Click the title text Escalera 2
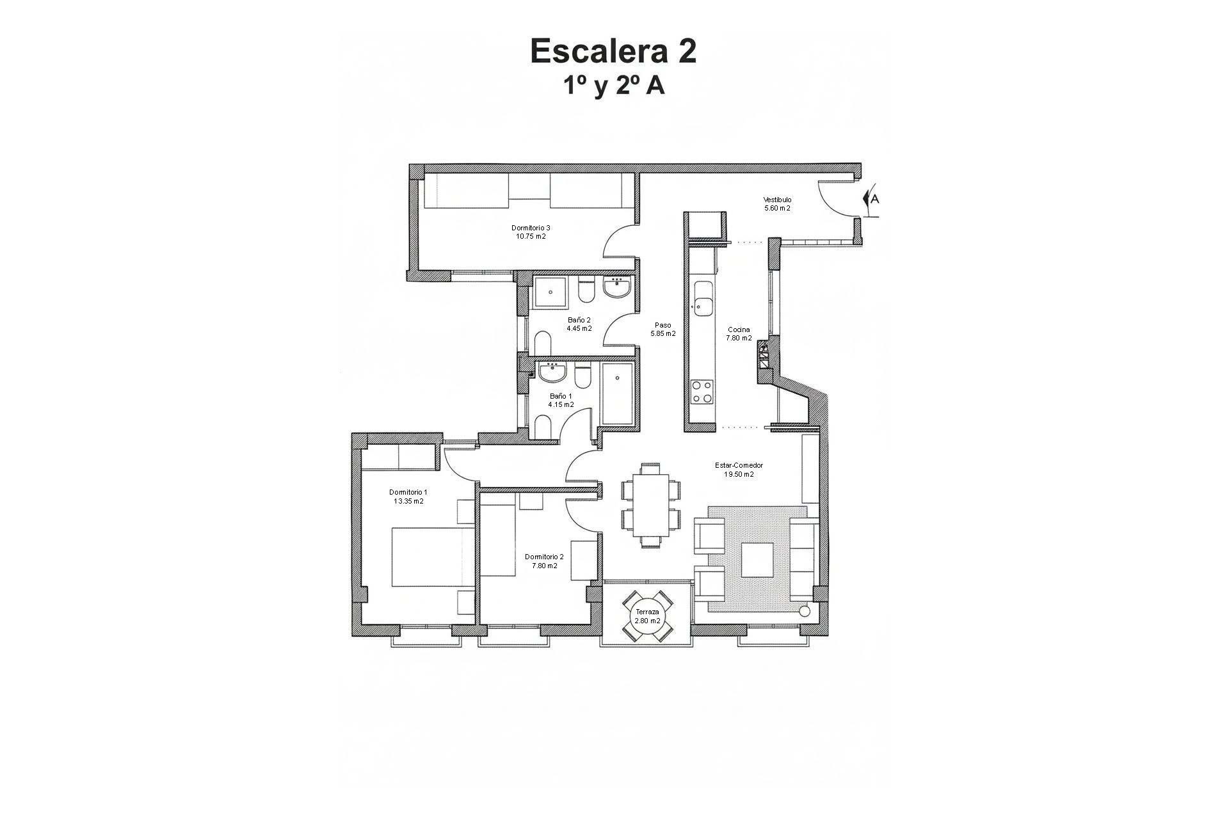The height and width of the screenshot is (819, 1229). [x=613, y=51]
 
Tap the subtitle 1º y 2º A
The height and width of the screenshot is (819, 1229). [x=613, y=86]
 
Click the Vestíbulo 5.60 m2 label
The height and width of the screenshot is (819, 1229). [x=777, y=204]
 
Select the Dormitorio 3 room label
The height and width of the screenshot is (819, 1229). [x=531, y=232]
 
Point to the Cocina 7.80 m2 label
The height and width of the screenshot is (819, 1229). [x=739, y=334]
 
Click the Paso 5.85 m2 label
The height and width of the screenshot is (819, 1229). [x=663, y=329]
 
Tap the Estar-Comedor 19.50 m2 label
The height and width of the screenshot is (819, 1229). [x=739, y=470]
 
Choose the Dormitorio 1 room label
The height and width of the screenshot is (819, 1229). [x=408, y=497]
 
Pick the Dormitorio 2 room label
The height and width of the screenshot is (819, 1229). [x=544, y=561]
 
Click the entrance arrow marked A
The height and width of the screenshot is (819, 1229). [x=871, y=198]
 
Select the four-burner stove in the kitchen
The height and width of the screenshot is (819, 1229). [x=702, y=392]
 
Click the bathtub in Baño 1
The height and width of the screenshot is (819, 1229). [x=617, y=395]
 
